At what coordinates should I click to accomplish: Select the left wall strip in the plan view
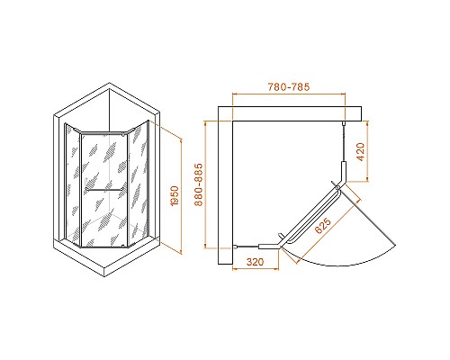tap(226, 189)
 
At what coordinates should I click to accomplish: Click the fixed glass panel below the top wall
tap(345, 148)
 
